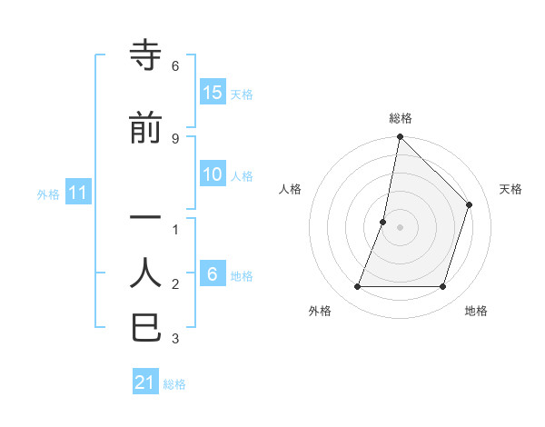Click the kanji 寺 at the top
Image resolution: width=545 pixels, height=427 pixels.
click(146, 56)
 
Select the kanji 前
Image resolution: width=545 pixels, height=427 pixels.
click(146, 129)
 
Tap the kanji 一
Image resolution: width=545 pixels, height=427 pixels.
click(146, 218)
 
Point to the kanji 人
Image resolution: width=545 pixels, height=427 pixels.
click(146, 273)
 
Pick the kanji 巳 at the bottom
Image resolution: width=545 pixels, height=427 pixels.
click(146, 327)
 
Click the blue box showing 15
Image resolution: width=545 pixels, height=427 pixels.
click(213, 93)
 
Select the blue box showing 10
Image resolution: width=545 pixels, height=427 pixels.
click(213, 175)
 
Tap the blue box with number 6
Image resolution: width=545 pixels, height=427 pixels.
click(213, 275)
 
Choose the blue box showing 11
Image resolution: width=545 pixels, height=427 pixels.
click(78, 193)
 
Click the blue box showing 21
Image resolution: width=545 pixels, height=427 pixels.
click(145, 382)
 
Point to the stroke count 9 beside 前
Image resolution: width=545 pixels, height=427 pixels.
click(174, 138)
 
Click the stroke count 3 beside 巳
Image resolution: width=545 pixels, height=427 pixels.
click(174, 340)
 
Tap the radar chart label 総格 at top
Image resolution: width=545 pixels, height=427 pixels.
click(401, 118)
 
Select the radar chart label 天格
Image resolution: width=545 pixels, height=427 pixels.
click(510, 189)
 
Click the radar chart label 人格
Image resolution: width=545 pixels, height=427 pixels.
click(290, 189)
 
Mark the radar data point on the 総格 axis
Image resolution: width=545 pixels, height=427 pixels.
click(400, 137)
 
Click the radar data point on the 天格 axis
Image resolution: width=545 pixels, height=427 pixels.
click(470, 204)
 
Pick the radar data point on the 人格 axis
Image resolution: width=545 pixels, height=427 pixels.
click(383, 222)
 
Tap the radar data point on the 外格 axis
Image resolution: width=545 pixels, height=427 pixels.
click(357, 287)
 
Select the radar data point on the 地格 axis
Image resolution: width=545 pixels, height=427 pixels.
click(443, 287)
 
